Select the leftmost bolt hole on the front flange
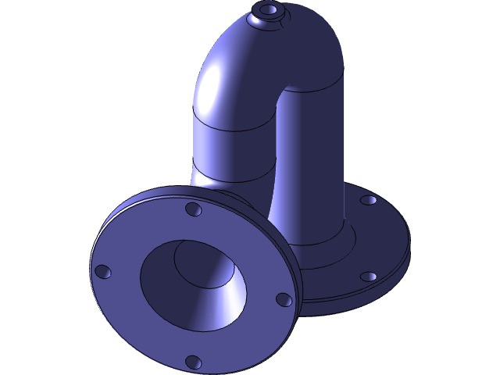point(102,272)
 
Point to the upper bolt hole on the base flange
point(368,200)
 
